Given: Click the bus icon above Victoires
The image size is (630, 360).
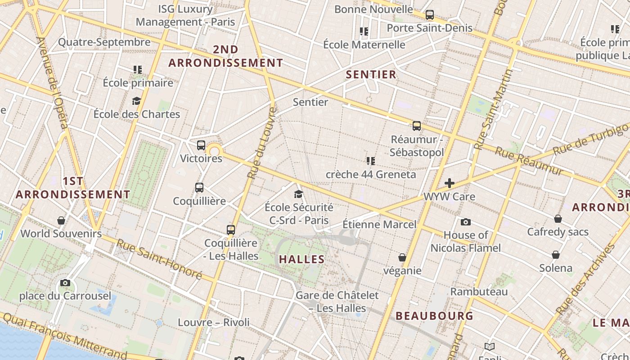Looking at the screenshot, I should pyautogui.click(x=201, y=145).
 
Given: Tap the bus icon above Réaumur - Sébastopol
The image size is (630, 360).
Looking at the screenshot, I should pyautogui.click(x=417, y=126).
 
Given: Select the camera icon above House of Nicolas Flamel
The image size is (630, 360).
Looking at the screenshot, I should pyautogui.click(x=466, y=222).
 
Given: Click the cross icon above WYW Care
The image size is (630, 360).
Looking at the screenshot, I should pyautogui.click(x=449, y=183).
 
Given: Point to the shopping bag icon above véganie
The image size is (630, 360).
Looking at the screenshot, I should pyautogui.click(x=402, y=257).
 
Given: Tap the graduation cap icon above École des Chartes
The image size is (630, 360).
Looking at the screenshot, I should pyautogui.click(x=136, y=101).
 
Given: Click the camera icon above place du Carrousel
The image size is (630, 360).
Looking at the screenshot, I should pyautogui.click(x=65, y=283).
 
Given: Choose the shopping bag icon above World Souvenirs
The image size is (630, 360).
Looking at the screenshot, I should pyautogui.click(x=61, y=220).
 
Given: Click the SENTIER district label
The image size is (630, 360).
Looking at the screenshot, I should pyautogui.click(x=371, y=75).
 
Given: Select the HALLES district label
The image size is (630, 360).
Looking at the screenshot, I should pyautogui.click(x=301, y=259).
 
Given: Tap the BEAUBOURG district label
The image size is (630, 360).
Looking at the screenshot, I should pyautogui.click(x=434, y=316).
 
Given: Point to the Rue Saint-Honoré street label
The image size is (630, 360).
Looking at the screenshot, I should pyautogui.click(x=159, y=259).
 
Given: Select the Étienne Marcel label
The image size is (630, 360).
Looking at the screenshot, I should pyautogui.click(x=379, y=224).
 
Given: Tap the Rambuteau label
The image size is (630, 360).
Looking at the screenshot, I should pyautogui.click(x=479, y=292).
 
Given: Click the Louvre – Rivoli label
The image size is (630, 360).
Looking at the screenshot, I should pyautogui.click(x=213, y=322).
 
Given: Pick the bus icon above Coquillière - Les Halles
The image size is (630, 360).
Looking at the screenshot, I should pyautogui.click(x=231, y=230).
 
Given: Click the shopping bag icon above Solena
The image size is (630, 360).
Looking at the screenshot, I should pyautogui.click(x=556, y=255).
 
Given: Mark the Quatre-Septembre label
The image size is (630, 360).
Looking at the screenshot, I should pyautogui.click(x=104, y=42).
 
